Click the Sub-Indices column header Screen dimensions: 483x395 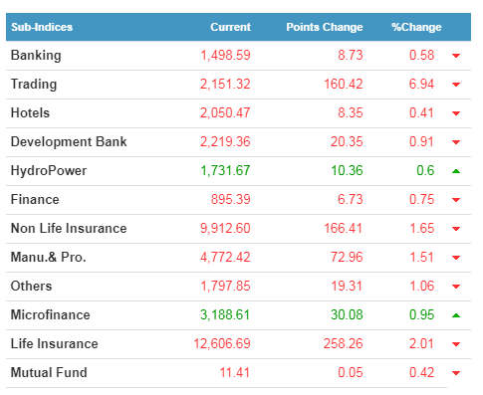pos(42,27)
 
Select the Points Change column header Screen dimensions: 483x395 pos(325,27)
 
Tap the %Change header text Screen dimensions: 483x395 pos(416,27)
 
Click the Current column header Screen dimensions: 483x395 pos(230,27)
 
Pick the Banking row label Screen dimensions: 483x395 pos(36,56)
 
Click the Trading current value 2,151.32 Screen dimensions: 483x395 pos(225,84)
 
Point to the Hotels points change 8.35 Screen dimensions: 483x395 pos(351,112)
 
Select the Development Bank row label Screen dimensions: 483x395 pos(69,142)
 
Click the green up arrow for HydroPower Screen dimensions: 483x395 pos(456,171)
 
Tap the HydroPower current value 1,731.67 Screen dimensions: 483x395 pos(225,170)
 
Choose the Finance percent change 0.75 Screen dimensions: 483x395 pos(421,199)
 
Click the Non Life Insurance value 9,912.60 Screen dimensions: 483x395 pos(225,228)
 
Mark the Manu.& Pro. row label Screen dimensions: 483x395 pos(49,257)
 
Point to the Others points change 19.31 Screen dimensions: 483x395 pos(347,286)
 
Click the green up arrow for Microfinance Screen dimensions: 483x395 pos(456,315)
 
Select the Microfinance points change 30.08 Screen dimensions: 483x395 pos(347,314)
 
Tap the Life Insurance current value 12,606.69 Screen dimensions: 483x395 pos(222,343)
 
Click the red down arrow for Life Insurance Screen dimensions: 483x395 pos(456,344)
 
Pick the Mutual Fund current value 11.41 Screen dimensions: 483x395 pos(234,372)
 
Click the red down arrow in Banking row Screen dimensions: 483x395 pos(456,56)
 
